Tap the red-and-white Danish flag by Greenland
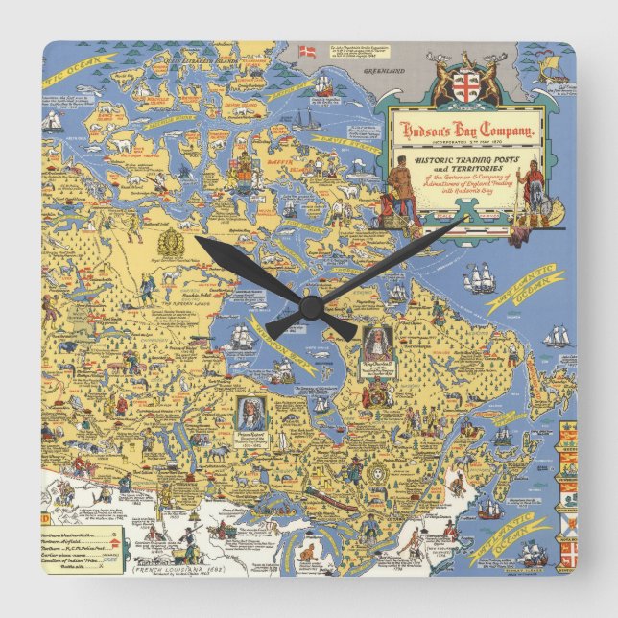click(x=308, y=51)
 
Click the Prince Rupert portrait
click(x=249, y=416)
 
